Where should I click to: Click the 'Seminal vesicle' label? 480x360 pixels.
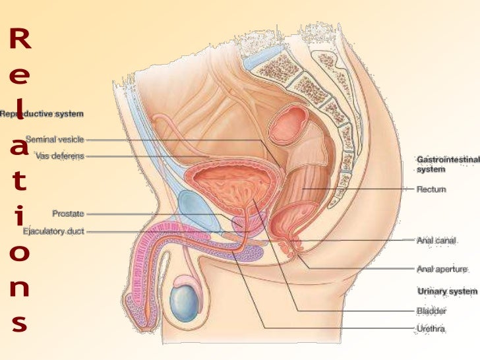55,139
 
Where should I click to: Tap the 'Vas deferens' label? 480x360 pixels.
59,156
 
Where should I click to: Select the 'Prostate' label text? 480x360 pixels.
68,214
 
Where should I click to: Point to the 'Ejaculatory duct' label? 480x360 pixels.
53,231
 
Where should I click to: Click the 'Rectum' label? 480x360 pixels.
431,189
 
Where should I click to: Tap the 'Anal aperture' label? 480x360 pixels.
442,269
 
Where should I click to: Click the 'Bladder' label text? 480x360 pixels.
431,310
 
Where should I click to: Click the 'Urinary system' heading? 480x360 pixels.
447,291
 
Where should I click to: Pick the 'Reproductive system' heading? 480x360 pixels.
42,113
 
